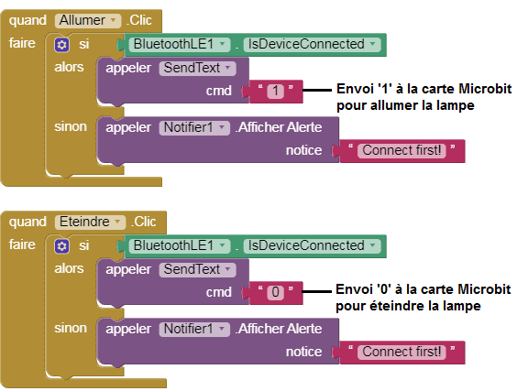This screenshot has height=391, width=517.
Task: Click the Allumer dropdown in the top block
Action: coord(88,20)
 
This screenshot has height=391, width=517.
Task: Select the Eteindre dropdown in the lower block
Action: coord(91,222)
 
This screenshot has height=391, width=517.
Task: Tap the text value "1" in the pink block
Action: coord(275,92)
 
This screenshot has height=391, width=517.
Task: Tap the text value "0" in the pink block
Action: coord(275,292)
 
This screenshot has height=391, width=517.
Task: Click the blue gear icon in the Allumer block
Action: coord(61,45)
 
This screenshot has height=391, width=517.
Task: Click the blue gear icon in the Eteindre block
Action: coord(61,246)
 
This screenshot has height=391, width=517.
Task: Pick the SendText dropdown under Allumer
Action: coord(197,68)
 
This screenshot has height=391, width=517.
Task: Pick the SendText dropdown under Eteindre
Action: coord(197,270)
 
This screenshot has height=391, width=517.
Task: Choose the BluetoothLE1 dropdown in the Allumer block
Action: coord(180,45)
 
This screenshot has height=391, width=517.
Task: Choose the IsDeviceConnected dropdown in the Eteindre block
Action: coord(313,245)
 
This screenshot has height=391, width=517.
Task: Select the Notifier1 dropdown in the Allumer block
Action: coord(194,128)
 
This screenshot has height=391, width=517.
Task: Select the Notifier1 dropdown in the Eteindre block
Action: coord(194,330)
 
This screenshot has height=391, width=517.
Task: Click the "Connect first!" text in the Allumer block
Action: coord(401,151)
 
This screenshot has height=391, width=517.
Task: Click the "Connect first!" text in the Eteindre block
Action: coord(401,353)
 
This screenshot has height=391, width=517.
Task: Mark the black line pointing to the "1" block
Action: coord(317,90)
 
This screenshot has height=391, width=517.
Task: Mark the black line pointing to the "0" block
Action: coord(316,291)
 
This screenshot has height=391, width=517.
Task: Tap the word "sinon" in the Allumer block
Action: coord(71,126)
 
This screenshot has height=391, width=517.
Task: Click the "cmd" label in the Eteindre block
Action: coord(218,292)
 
